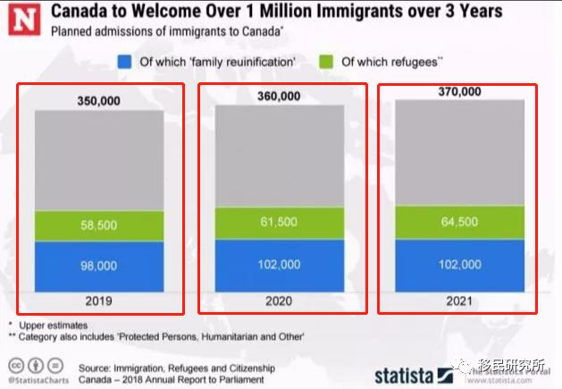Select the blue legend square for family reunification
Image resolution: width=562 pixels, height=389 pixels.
pos(125,62)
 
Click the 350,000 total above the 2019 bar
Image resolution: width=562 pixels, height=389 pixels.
pos(99,101)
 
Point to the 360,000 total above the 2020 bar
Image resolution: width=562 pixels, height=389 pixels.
pos(279,96)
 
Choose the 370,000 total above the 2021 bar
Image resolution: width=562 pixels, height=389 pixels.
pos(460,91)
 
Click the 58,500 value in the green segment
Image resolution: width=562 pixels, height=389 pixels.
pos(99,226)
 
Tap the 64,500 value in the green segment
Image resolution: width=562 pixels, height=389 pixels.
pos(460,220)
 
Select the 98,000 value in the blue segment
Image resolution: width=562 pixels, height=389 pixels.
pos(99,266)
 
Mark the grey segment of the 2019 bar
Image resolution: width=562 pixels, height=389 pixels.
pos(99,161)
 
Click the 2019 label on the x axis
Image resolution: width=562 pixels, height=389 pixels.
pos(99,301)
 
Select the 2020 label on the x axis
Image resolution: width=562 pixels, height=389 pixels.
pos(279,301)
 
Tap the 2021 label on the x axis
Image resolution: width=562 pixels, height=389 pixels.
pos(460,301)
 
